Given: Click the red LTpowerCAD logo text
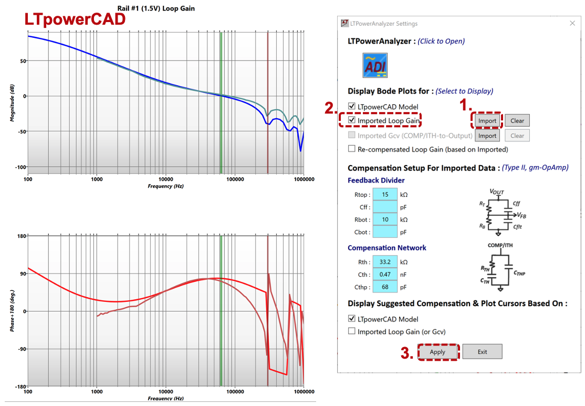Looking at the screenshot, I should (75, 19).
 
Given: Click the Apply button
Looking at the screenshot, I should (437, 352).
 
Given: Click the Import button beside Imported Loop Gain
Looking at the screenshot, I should (487, 120).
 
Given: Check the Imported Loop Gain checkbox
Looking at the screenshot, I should (352, 120).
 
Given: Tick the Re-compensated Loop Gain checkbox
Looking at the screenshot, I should (352, 149).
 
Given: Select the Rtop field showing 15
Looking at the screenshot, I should (385, 195).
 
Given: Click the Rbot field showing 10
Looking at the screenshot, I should (385, 219).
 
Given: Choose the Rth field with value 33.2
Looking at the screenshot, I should (385, 262).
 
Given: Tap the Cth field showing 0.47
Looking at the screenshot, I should (385, 275).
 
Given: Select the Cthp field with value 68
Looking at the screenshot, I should (385, 287).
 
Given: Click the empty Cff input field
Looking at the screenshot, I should (385, 207).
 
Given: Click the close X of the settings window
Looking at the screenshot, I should (572, 24).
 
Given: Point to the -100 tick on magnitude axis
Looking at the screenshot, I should (19, 167).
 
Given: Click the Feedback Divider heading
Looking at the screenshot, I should (376, 180).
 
